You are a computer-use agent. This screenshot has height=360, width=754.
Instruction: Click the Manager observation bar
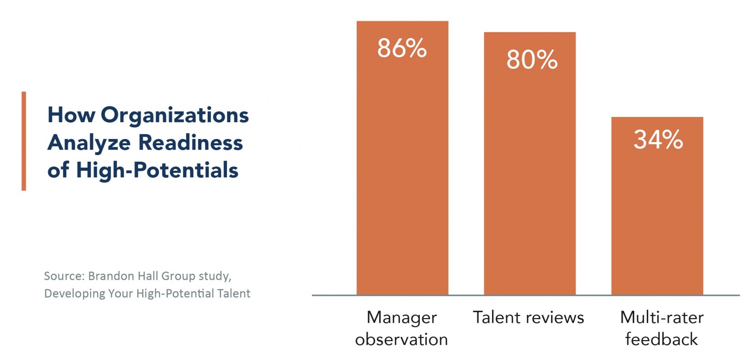tap(402, 177)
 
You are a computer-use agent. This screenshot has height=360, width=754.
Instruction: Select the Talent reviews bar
tap(529, 177)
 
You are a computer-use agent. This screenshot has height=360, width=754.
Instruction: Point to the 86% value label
tap(402, 48)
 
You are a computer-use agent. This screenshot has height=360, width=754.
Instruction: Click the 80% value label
tap(532, 60)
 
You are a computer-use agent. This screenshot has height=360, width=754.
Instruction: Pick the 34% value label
tap(658, 139)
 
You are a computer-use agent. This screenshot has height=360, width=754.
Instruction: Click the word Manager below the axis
tap(401, 318)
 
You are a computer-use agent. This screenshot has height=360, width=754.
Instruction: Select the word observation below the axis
tap(401, 340)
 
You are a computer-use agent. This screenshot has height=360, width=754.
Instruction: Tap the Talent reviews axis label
tap(528, 318)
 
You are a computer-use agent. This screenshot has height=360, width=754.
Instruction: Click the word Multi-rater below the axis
tap(662, 318)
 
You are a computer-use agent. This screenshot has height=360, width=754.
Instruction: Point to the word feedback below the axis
tap(662, 340)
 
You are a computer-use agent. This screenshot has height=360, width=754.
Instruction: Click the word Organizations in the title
tap(175, 115)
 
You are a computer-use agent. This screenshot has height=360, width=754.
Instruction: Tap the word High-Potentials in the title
tap(157, 170)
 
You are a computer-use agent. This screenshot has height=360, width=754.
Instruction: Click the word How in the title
tap(71, 115)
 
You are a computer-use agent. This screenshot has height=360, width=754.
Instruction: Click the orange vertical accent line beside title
tap(24, 141)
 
